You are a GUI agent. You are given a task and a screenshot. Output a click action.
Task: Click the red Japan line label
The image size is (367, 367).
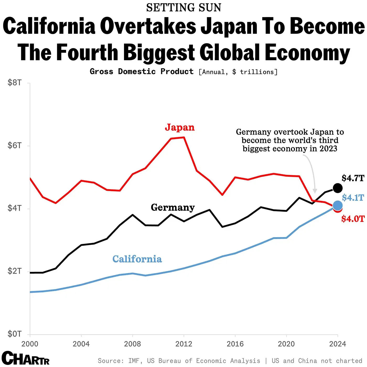(180, 127)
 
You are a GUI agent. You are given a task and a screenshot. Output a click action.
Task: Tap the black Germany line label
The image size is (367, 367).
(172, 207)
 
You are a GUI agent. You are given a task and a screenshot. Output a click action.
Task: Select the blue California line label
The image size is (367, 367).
(137, 259)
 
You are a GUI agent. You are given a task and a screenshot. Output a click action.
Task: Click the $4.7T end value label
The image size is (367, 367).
(353, 178)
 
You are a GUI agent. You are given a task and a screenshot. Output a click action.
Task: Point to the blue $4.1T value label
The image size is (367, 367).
(353, 198)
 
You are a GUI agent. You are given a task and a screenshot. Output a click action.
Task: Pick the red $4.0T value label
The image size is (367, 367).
(353, 219)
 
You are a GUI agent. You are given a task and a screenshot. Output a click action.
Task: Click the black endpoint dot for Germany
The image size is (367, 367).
(338, 188)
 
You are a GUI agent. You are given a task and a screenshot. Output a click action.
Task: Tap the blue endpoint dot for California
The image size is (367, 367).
(338, 206)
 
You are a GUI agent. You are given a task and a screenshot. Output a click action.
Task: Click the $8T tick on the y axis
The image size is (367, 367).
(14, 83)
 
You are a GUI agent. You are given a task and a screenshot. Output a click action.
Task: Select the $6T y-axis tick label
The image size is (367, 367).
(14, 145)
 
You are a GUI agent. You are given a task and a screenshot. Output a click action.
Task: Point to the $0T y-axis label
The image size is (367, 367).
(14, 334)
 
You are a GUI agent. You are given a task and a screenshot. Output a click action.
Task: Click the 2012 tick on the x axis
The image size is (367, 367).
(184, 344)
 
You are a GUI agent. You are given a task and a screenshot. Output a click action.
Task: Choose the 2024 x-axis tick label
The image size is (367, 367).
(338, 344)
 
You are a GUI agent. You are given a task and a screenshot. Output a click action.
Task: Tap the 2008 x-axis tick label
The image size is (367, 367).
(132, 344)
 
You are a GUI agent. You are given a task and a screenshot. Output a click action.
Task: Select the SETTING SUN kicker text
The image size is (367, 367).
(183, 8)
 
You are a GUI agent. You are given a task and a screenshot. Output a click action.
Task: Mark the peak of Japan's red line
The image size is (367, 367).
(184, 137)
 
